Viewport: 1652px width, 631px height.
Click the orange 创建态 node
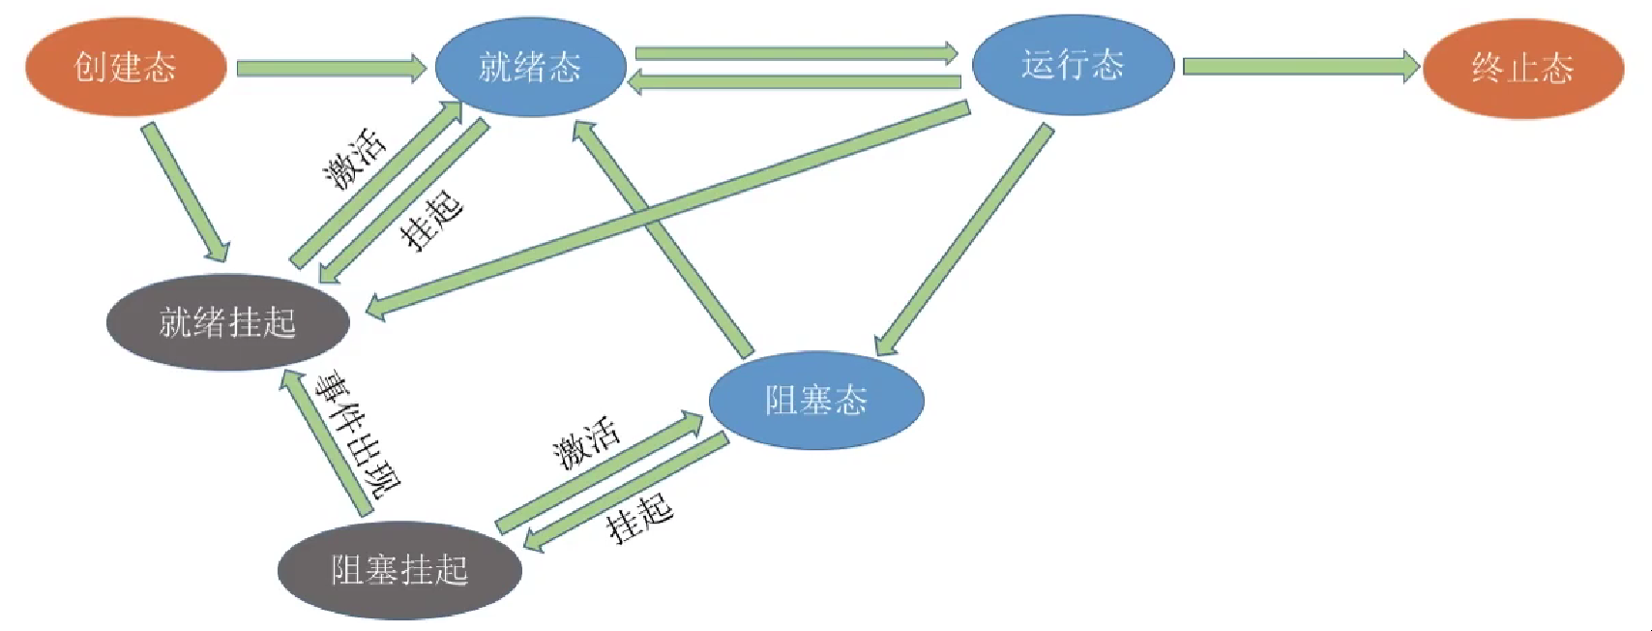pyautogui.click(x=126, y=67)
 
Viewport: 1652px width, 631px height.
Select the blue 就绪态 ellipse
pyautogui.click(x=530, y=67)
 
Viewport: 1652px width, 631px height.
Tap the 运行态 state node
pyautogui.click(x=1073, y=65)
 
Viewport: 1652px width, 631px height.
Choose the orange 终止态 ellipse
pyautogui.click(x=1522, y=68)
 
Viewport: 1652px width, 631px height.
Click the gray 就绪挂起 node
pyautogui.click(x=227, y=322)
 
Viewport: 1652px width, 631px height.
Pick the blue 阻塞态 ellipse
pyautogui.click(x=816, y=400)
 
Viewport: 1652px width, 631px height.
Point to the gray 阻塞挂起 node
pyautogui.click(x=399, y=570)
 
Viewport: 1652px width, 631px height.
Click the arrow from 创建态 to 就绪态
pyautogui.click(x=329, y=69)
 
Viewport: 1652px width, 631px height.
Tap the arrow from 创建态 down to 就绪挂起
pyautogui.click(x=188, y=192)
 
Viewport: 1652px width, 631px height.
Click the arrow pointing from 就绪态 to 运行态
pyautogui.click(x=795, y=52)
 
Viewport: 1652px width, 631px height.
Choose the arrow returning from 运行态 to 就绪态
pyautogui.click(x=795, y=83)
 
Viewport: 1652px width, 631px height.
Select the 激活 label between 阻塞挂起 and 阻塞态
pyautogui.click(x=586, y=442)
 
